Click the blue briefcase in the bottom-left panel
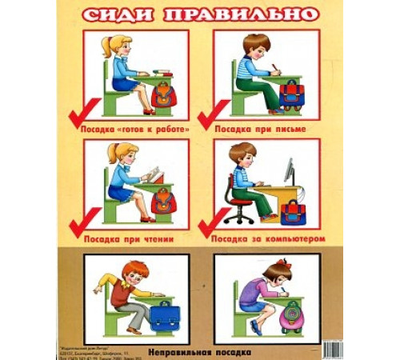(166, 314)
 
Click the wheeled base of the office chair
(237, 216)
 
